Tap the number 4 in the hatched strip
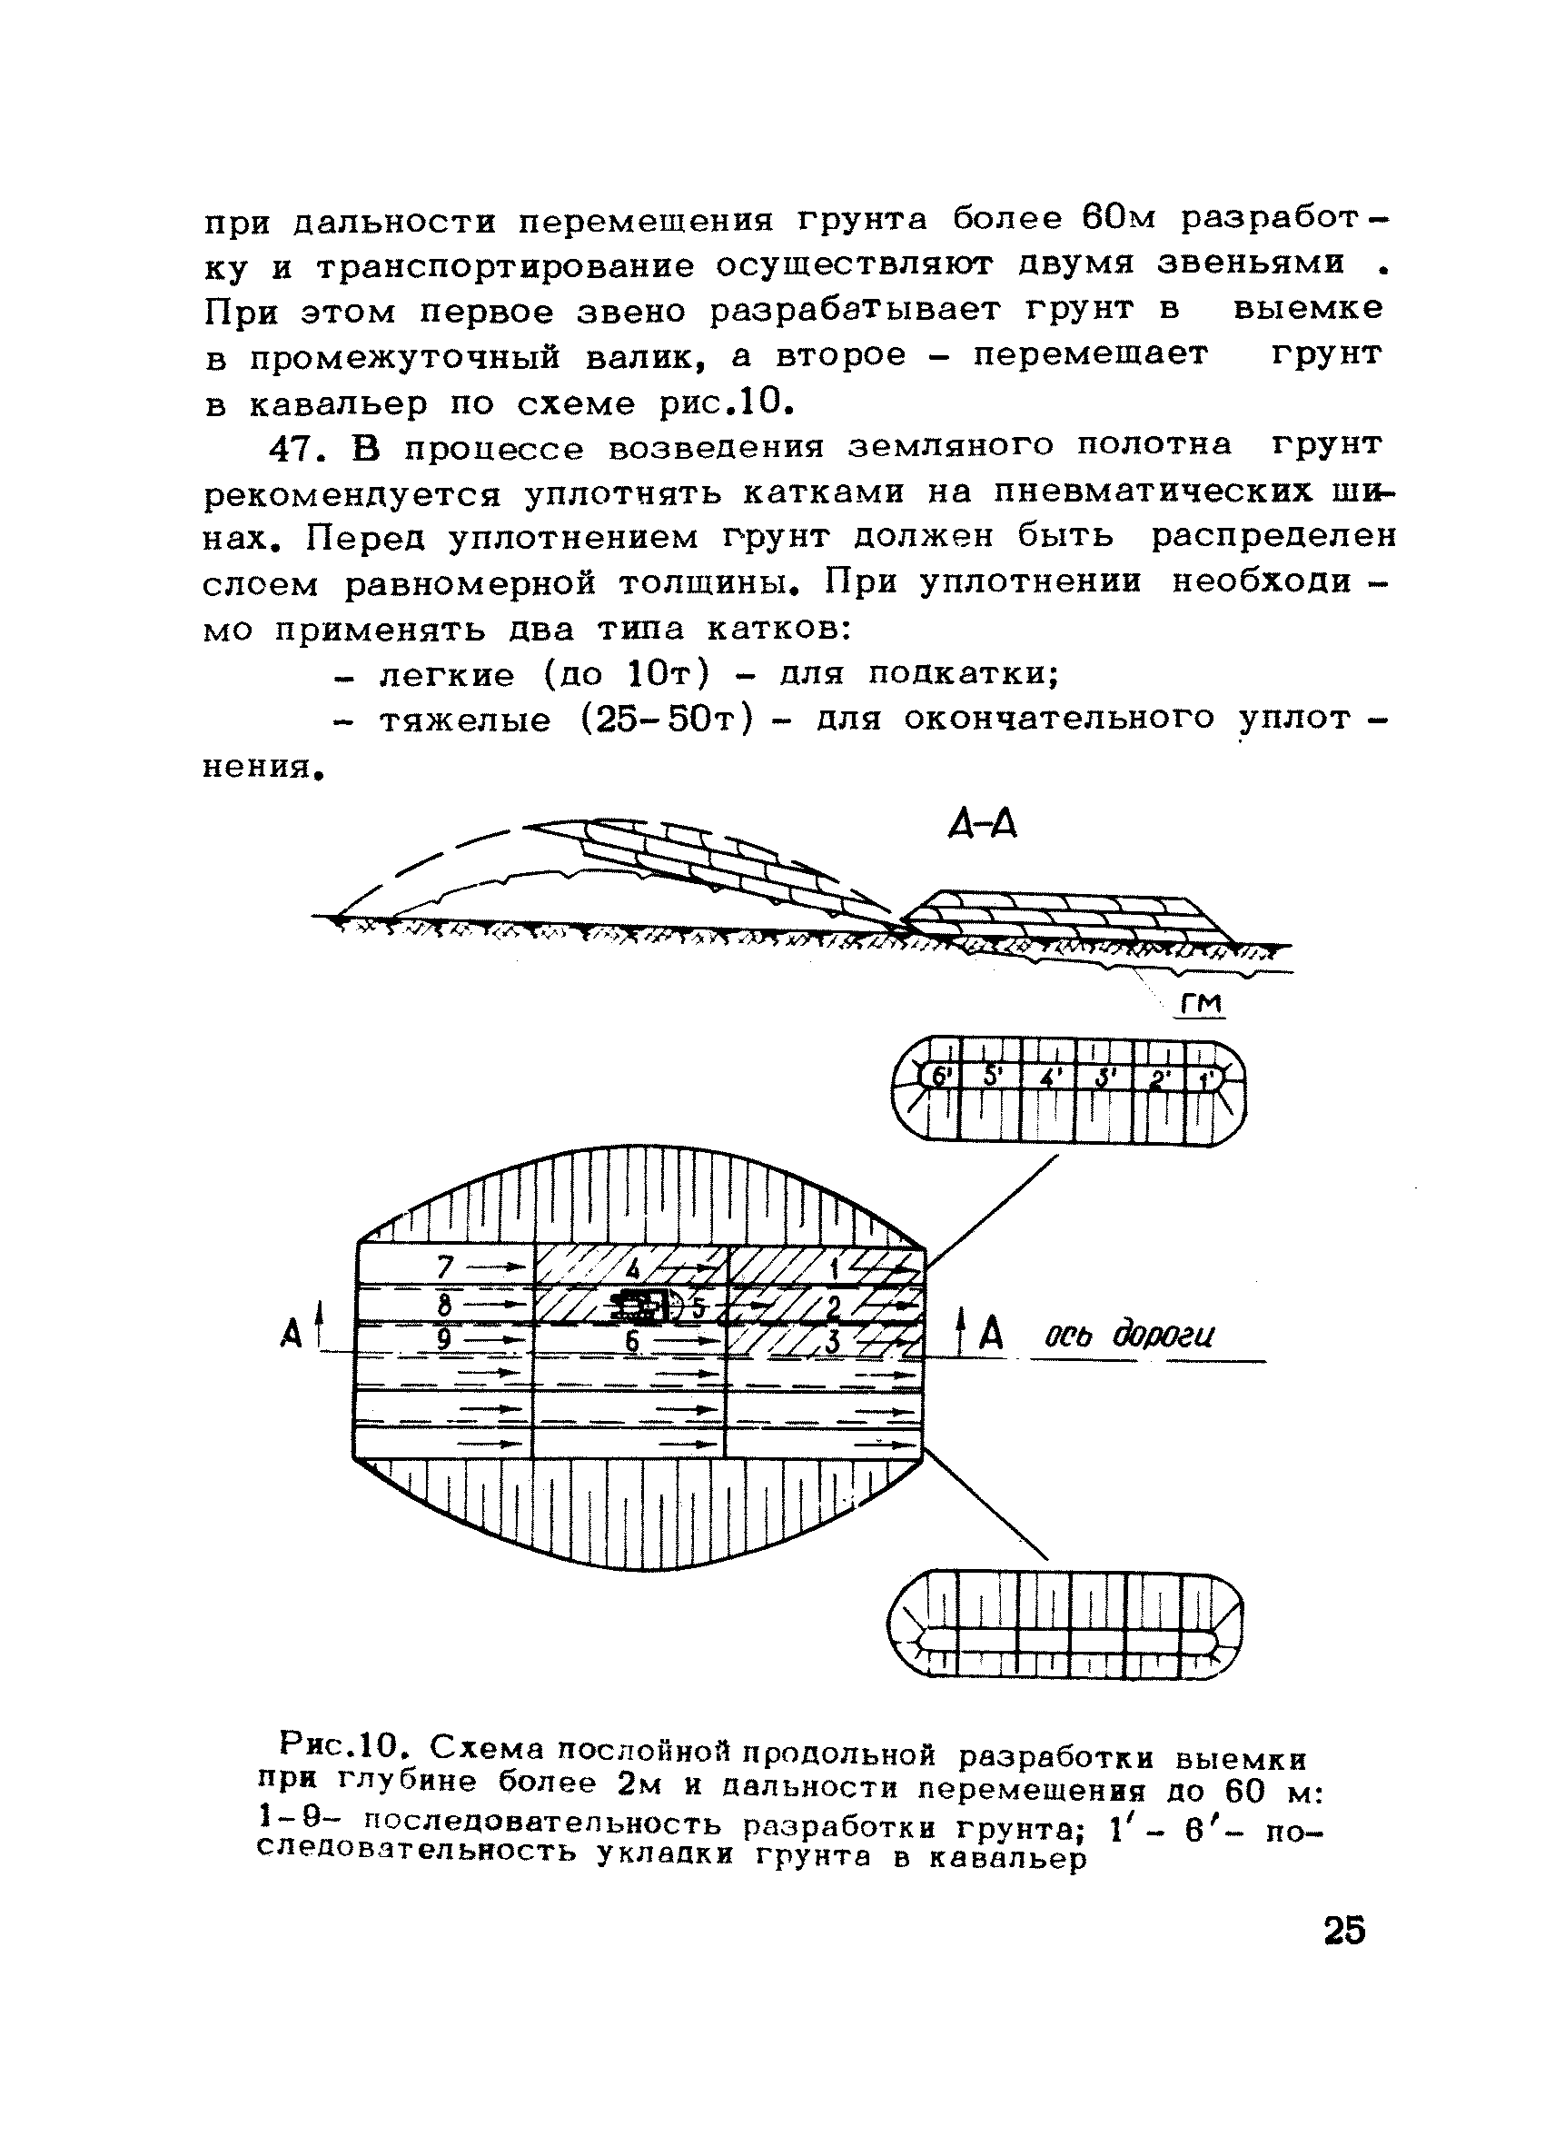tap(633, 1268)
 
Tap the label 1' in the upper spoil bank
tap(1207, 1078)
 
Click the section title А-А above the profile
tap(982, 825)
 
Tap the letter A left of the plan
tap(292, 1333)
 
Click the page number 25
tap(1344, 1931)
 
